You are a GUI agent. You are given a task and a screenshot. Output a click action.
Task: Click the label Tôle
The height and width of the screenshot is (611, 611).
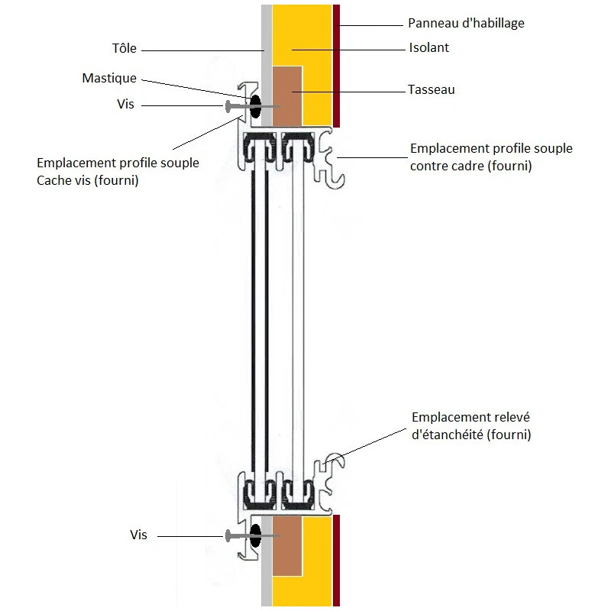tap(124, 49)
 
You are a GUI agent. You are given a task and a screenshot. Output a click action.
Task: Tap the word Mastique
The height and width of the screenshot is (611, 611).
tap(109, 79)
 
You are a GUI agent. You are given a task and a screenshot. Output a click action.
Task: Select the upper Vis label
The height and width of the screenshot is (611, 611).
tap(126, 104)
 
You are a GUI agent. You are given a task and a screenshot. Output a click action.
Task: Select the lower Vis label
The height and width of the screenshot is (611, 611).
tap(138, 535)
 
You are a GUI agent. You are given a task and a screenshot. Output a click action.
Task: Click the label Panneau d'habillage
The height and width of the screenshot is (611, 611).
tap(467, 23)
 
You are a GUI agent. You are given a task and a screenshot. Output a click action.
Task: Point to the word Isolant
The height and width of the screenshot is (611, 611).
tap(429, 48)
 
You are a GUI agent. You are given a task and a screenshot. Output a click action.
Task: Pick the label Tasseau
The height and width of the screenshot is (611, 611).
tap(432, 90)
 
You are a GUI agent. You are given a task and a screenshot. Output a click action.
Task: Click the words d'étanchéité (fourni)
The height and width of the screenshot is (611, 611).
tap(470, 435)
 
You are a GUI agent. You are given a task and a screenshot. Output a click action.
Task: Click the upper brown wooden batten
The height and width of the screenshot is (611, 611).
tap(287, 95)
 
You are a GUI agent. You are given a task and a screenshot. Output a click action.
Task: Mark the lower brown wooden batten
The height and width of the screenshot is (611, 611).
tap(287, 545)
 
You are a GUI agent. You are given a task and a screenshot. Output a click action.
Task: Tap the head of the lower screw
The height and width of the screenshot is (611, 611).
tap(228, 536)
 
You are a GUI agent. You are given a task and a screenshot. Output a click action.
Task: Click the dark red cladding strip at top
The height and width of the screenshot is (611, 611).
tap(336, 65)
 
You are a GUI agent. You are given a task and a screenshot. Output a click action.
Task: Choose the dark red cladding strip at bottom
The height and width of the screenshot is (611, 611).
tap(336, 561)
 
